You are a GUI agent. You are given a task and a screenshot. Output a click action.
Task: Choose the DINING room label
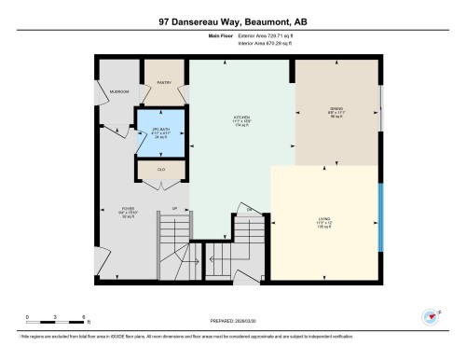(336, 108)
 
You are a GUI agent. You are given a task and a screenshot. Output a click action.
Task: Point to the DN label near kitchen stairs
(250, 208)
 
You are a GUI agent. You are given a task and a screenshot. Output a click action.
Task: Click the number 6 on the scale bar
(85, 317)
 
